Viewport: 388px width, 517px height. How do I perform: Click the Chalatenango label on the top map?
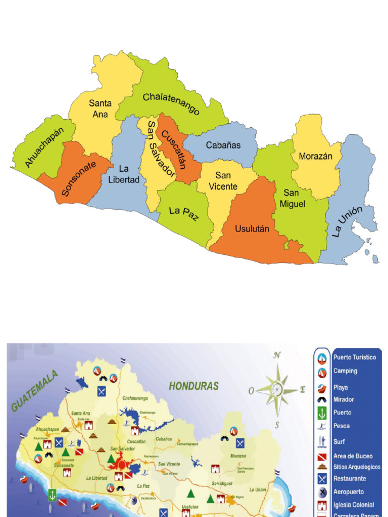point(171,103)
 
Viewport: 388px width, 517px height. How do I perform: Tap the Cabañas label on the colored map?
point(223,145)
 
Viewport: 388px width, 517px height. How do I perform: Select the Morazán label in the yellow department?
point(316,156)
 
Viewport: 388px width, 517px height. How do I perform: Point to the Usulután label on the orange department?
point(252,229)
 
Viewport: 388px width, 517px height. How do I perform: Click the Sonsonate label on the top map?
point(79,179)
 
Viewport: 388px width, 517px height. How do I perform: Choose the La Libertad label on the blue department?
point(123,174)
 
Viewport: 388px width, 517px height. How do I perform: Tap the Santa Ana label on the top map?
point(100,109)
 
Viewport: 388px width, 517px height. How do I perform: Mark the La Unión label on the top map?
point(348,221)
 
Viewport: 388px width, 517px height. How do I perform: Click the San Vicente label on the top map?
point(223,181)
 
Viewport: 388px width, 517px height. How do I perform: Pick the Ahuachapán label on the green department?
point(44,147)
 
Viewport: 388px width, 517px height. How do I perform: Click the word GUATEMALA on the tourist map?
point(35,391)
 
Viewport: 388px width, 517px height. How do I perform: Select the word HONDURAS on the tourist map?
point(194,386)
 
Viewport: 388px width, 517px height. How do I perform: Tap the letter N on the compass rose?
point(277,355)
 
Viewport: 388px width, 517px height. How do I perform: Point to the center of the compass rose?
point(277,389)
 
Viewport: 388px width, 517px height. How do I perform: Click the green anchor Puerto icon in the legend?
point(322,412)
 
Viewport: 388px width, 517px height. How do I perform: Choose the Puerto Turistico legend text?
point(355,357)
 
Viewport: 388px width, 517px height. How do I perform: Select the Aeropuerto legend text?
point(349,492)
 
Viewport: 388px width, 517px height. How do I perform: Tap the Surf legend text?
point(339,442)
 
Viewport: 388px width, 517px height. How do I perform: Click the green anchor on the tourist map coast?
point(52,495)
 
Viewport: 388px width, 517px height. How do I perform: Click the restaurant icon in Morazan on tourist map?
point(240,443)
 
